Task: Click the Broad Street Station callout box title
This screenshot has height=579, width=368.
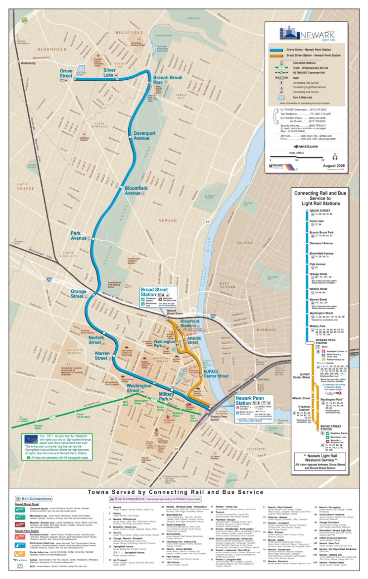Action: (x=155, y=292)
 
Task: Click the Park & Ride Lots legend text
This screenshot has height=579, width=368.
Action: (x=306, y=99)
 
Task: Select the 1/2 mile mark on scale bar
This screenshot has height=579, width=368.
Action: (x=322, y=159)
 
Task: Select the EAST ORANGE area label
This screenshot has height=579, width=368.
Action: (x=25, y=186)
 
